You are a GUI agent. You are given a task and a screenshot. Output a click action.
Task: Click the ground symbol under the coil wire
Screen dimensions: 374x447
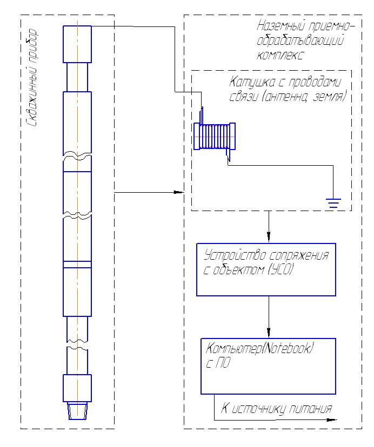333,203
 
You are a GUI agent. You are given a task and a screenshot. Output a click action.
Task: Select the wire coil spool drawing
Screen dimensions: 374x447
215,136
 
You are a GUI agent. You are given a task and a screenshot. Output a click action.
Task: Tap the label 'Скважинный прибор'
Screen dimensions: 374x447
32,78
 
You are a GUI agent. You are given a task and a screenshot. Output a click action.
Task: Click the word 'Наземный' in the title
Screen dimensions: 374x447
280,26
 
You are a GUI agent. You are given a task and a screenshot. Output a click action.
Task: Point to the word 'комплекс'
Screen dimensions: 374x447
279,55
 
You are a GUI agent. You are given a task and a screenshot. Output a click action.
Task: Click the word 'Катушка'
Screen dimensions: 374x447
252,82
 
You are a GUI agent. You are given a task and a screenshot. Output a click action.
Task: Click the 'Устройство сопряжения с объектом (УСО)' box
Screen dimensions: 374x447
266,270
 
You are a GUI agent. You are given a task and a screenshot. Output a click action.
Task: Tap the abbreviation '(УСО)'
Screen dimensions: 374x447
281,269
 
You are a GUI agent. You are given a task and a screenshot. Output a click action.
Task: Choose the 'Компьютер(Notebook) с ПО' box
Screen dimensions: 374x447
269,367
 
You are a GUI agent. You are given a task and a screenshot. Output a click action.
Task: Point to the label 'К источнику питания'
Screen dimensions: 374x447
276,409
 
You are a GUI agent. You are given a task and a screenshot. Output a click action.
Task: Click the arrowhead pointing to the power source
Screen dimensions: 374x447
331,420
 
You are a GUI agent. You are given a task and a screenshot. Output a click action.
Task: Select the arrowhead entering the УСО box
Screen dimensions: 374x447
269,237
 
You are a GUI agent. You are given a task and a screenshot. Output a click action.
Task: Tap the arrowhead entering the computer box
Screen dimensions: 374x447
269,333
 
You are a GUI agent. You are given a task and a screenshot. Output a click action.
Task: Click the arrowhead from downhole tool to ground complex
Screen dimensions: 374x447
179,192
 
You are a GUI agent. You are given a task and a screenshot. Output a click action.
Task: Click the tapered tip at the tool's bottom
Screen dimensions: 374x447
77,411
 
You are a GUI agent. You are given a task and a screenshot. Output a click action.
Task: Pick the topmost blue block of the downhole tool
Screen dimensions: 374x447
77,44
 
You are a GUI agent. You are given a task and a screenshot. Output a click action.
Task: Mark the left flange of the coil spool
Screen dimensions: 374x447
197,136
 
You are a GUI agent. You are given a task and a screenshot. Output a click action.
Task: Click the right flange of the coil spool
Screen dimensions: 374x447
232,136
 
